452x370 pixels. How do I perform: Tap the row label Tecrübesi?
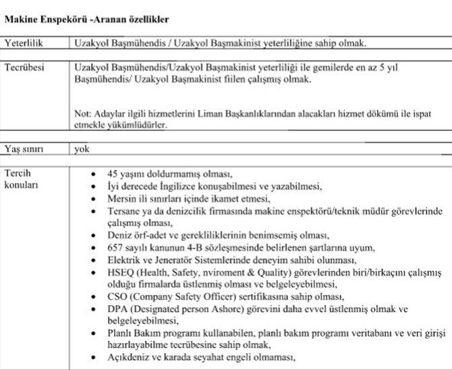24,68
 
